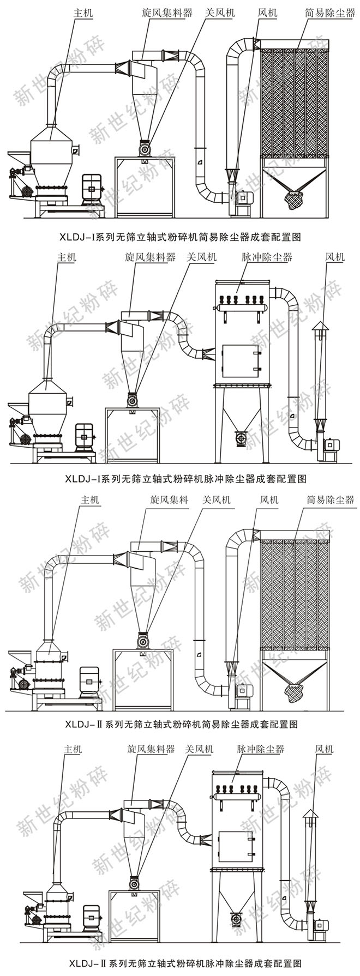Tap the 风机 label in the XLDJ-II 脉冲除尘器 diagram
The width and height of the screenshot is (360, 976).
click(323, 749)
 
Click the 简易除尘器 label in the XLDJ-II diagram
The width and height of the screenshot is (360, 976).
click(330, 499)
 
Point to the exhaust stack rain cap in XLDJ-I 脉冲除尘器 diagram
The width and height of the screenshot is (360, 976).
click(320, 327)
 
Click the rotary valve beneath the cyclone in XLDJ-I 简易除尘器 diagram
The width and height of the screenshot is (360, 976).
click(144, 148)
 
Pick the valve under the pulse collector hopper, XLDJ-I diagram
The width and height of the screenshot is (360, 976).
click(241, 437)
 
